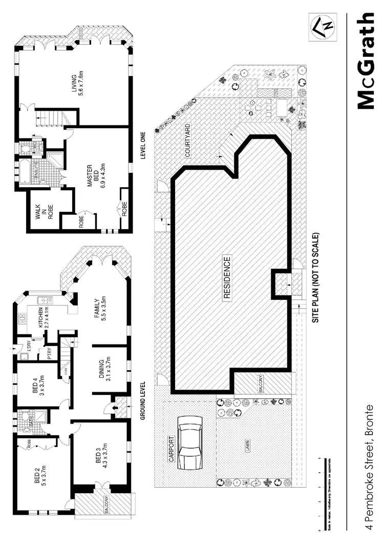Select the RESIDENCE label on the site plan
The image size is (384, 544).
coord(227,277)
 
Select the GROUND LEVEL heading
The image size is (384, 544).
coord(144,400)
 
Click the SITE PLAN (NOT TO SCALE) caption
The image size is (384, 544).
coord(316,277)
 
